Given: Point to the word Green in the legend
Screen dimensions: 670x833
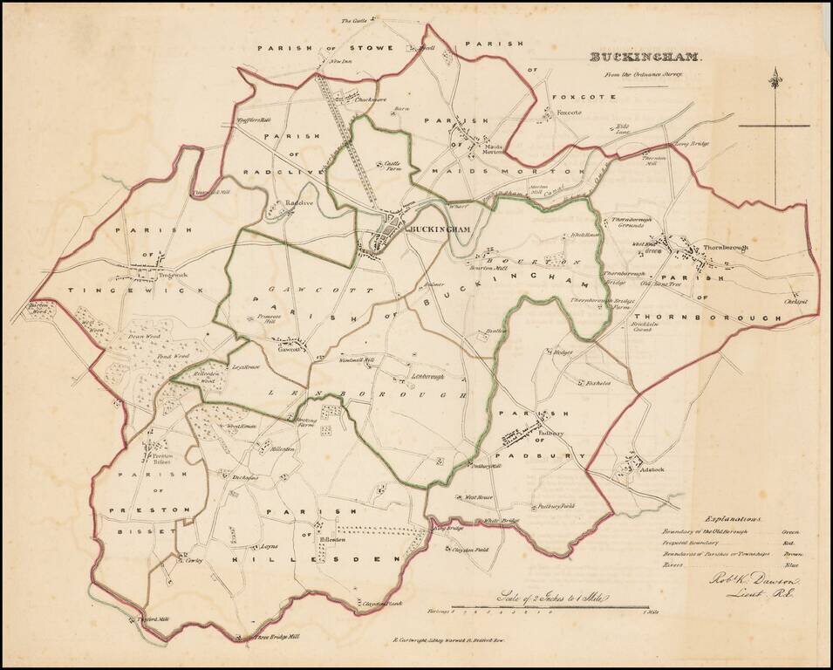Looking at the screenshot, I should coord(791,531).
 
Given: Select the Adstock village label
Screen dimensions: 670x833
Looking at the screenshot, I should coord(652,468).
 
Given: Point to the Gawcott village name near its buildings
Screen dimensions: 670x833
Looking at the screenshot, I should coord(289,351).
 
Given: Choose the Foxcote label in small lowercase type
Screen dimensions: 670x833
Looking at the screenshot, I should coord(569,113).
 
